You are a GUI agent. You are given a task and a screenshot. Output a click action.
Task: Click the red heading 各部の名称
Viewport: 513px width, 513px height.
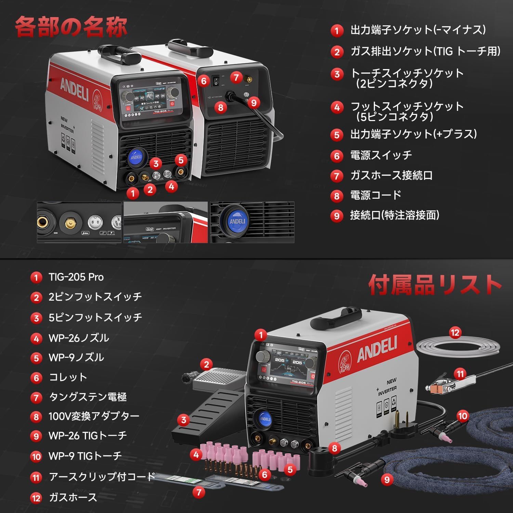71,27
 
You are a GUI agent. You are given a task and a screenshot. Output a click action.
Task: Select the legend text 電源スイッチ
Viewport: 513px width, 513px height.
381,155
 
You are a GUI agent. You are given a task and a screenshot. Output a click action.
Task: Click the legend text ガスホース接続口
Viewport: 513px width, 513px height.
391,175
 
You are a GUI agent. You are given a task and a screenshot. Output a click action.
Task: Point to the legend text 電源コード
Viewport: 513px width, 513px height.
376,195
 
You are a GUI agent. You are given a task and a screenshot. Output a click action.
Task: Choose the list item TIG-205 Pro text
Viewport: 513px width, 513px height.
76,277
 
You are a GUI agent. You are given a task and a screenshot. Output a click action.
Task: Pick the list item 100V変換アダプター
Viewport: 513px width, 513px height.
94,416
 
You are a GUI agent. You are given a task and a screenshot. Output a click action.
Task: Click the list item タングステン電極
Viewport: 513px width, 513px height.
88,397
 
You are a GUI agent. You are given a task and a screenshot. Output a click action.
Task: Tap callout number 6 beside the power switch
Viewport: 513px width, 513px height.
204,81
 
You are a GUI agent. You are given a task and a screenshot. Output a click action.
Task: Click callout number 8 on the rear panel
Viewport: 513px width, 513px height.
221,107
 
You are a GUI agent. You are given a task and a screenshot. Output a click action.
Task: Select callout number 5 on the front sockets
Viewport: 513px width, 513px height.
181,160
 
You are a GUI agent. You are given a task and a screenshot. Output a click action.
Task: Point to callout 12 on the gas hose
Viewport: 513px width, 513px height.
455,332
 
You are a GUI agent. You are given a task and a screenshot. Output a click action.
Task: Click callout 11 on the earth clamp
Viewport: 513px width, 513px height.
460,374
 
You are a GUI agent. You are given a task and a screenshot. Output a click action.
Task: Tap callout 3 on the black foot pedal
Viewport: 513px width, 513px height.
184,420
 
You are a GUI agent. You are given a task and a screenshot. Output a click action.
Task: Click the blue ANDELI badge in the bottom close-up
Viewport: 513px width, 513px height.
237,221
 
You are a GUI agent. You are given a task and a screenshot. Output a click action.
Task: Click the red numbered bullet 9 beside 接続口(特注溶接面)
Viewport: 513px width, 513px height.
337,216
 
